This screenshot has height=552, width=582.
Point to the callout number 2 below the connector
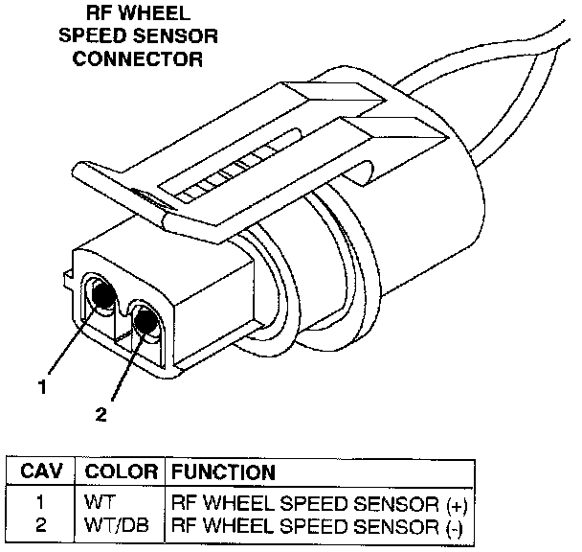coord(101,414)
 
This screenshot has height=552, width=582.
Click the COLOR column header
coord(121,471)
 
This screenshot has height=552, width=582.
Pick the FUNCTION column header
coord(223,471)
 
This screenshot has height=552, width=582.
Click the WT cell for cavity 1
coord(98,501)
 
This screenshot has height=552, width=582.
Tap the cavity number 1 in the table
coord(40,501)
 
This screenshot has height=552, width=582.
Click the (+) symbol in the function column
coord(458,502)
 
